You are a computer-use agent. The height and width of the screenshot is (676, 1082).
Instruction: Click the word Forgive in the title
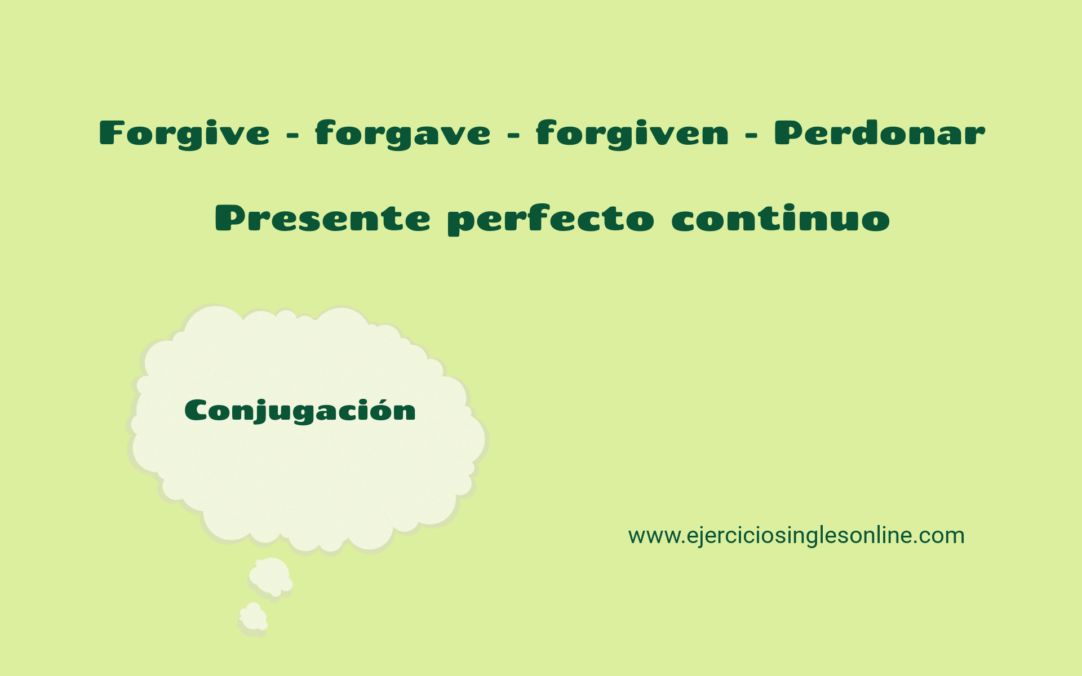[x=184, y=134]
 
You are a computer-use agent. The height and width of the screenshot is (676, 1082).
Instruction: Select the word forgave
[x=402, y=134]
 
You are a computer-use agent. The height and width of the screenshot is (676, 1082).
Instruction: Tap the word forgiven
[x=632, y=134]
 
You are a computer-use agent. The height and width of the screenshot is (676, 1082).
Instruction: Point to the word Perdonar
[x=879, y=133]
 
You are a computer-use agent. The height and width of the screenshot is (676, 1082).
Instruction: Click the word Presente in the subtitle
[x=322, y=219]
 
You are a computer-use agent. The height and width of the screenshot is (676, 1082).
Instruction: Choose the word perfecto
[x=551, y=220]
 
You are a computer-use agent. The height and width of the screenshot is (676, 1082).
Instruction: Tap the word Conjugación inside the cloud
[x=300, y=411]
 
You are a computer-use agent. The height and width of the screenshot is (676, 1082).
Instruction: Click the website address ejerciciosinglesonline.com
[x=796, y=535]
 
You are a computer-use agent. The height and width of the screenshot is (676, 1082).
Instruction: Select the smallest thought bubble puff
[x=253, y=617]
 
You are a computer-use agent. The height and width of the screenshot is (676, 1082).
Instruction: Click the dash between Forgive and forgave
[x=292, y=136]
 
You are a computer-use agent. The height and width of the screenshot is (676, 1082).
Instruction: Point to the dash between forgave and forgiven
[x=513, y=136]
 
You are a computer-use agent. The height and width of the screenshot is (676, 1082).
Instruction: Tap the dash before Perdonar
[x=751, y=136]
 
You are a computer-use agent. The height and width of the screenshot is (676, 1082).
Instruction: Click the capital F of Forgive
[x=111, y=133]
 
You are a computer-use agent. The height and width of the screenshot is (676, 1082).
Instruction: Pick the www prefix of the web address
[x=647, y=536]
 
